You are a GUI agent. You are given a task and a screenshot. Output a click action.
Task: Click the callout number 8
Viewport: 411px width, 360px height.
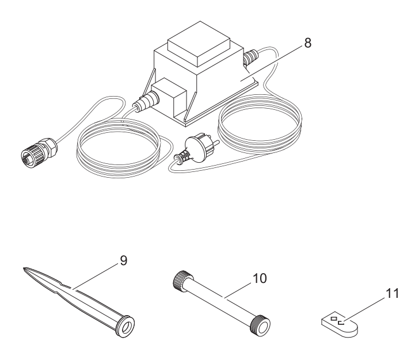tap(308, 43)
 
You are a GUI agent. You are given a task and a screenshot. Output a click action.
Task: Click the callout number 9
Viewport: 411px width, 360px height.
tap(123, 261)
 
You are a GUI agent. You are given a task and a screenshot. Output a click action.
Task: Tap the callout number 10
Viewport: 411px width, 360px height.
tap(260, 278)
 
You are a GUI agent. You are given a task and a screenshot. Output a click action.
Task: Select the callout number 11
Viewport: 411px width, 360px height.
tap(392, 293)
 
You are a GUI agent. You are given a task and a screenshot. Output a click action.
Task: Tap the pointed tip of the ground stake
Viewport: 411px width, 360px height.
tap(24, 269)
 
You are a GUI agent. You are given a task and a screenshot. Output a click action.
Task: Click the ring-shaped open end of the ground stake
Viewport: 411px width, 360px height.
tap(126, 326)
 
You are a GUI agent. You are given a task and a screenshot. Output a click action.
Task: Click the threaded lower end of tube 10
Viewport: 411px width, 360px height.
tap(260, 325)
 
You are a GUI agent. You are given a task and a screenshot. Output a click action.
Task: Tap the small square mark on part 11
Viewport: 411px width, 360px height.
tap(334, 319)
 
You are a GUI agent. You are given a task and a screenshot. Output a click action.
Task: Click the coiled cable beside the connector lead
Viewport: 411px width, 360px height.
tap(118, 148)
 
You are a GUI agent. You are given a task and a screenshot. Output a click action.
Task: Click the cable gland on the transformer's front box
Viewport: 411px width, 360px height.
tap(147, 101)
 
